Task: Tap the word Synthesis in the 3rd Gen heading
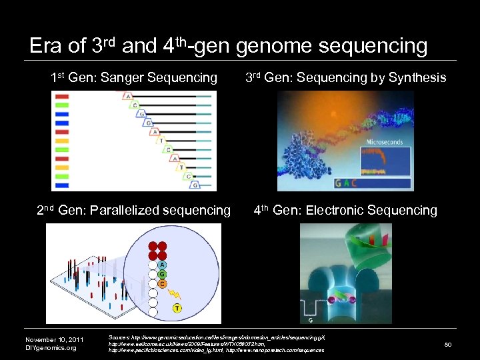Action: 417,78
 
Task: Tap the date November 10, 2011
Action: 54,339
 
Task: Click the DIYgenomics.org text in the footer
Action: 51,348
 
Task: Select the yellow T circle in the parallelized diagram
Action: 177,308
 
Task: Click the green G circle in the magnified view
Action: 162,273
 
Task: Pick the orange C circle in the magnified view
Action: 162,283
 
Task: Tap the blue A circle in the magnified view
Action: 162,264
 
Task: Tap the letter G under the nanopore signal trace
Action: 311,321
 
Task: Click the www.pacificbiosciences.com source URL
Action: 165,350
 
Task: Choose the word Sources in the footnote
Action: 119,338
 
